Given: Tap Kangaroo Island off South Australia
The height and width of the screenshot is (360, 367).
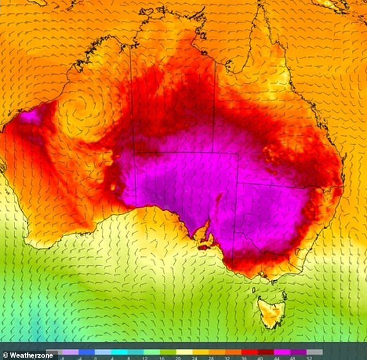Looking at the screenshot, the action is pos(203,247).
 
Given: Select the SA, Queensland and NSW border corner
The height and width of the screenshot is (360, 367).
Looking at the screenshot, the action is pos(239,184).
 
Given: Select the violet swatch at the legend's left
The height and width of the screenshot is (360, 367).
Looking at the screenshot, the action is pos(70,351).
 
